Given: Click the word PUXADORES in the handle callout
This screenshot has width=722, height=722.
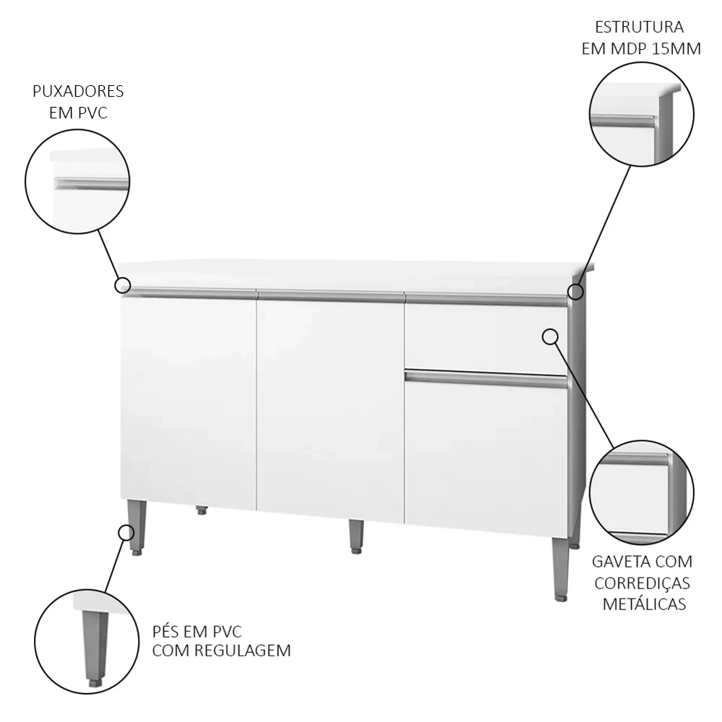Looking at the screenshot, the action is (78, 91).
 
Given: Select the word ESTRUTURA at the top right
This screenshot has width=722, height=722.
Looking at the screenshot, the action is (639, 27).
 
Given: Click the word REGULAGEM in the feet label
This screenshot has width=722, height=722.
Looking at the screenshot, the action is (242, 651).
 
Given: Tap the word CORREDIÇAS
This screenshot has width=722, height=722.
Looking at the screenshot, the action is (642, 583).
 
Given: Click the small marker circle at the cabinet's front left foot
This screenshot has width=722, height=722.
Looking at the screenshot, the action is (126, 533).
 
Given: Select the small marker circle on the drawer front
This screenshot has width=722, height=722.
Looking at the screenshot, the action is (549, 337).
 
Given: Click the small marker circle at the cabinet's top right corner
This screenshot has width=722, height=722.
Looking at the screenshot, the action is (575, 292).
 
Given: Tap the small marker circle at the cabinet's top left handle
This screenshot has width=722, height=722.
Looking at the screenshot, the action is (123, 285).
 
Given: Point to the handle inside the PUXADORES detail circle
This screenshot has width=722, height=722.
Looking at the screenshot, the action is (91, 183).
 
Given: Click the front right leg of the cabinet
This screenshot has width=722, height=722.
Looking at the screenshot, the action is (560, 569).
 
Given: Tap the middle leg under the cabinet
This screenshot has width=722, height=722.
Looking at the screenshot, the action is (355, 536).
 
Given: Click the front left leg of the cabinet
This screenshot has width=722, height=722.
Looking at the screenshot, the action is (137, 527).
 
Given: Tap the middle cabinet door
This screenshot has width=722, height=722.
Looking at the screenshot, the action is (331, 407).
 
